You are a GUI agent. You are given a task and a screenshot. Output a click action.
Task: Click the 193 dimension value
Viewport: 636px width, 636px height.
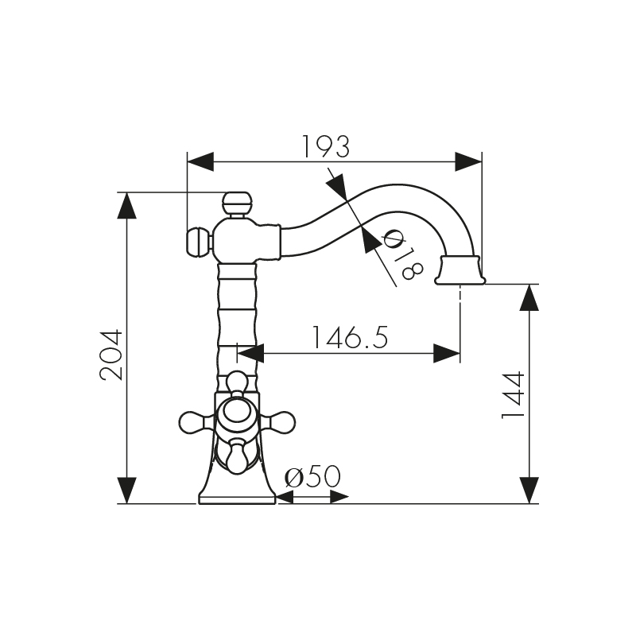click(x=326, y=146)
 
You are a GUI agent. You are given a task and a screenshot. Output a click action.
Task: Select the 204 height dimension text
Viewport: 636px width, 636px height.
click(x=112, y=355)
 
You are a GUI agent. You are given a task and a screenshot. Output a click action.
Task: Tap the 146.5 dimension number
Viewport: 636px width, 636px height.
click(x=350, y=338)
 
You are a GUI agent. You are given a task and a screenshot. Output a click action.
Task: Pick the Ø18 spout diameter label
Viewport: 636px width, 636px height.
click(x=402, y=254)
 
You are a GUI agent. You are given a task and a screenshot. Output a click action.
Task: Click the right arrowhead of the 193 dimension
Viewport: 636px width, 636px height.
click(x=468, y=161)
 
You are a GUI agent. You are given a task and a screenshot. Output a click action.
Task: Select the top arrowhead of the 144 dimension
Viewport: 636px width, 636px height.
click(x=529, y=297)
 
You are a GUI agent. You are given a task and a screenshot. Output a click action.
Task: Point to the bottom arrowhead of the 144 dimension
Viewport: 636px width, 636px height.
click(x=529, y=490)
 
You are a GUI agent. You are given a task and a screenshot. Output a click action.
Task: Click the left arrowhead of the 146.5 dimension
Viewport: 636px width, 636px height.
click(x=251, y=353)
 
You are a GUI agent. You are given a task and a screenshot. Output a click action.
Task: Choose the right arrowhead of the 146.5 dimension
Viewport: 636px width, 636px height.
click(x=447, y=353)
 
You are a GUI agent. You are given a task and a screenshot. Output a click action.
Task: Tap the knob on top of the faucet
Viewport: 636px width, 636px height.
click(x=236, y=202)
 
